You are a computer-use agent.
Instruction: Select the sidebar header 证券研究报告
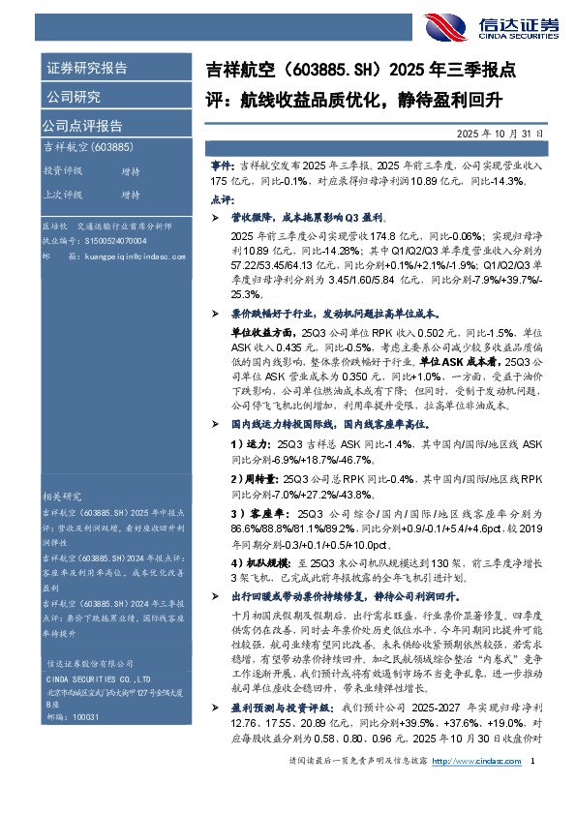click(86, 69)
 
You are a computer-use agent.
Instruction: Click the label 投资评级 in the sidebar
click(62, 170)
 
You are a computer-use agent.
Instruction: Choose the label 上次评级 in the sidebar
click(62, 195)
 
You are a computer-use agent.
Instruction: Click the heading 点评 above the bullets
click(220, 198)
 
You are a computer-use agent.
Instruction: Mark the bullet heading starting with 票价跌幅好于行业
click(335, 314)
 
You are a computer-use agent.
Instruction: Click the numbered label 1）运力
click(248, 442)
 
